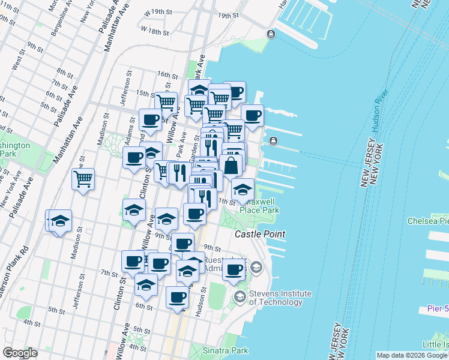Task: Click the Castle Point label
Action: pos(259,233)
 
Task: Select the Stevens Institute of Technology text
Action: pos(280,298)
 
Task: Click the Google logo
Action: pos(20,353)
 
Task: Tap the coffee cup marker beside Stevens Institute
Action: pos(234,269)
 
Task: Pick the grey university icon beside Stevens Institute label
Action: pos(240,297)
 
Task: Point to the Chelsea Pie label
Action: pos(427,221)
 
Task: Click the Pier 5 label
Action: pos(438,308)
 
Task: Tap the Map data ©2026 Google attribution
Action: pos(412,355)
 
